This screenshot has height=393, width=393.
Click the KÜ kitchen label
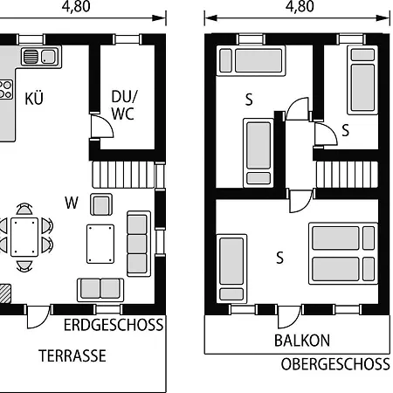34,99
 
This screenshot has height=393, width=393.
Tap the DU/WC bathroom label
123,105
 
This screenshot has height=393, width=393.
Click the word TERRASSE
72,355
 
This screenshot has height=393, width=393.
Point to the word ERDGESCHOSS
114,325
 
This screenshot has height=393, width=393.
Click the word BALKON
302,341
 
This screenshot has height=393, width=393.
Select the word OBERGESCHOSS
335,364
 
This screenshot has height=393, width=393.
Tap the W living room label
72,203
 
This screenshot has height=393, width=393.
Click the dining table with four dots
24,237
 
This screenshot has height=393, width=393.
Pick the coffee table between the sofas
100,244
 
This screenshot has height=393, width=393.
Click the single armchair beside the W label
101,204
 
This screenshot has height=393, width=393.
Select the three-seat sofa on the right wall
139,244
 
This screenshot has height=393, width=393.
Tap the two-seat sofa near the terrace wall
100,290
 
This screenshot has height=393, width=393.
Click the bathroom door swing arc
102,126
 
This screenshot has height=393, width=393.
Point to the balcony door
289,317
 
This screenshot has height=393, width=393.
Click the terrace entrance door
38,317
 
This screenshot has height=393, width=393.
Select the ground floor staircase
123,175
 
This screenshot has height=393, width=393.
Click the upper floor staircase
347,175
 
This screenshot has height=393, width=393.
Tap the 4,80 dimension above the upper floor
300,6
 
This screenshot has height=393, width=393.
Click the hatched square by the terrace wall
5,293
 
